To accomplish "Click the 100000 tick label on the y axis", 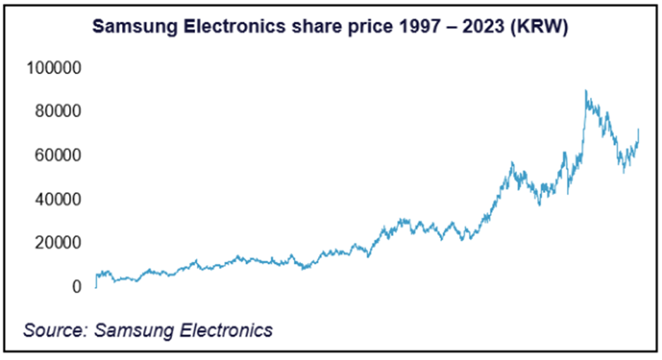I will click(54, 68).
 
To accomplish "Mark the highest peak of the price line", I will click(586, 91).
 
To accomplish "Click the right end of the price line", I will click(639, 130).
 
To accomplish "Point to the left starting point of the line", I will click(96, 287).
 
